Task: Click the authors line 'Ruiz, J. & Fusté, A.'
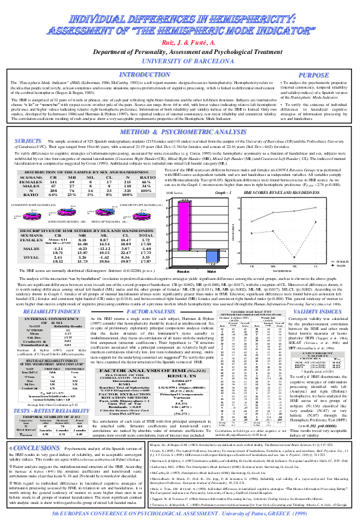click(180, 41)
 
